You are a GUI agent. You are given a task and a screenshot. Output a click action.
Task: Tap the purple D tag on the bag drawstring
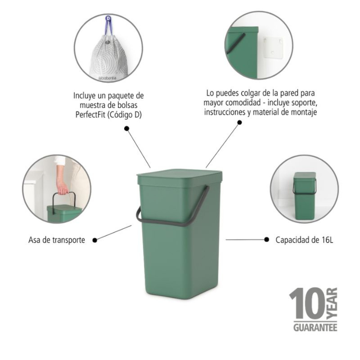tap(108, 19)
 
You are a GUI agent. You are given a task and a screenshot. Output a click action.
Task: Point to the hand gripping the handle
tap(63, 188)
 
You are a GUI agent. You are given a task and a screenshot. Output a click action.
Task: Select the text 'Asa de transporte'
tap(57, 240)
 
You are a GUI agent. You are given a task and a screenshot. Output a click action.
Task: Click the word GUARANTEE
tap(315, 328)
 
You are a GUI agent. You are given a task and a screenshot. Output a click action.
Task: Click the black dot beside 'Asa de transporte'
tap(95, 240)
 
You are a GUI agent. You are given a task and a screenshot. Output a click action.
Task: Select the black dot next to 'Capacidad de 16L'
tap(267, 239)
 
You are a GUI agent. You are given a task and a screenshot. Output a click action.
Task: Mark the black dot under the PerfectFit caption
tap(127, 128)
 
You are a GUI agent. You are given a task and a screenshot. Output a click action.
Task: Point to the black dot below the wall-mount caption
tap(240, 123)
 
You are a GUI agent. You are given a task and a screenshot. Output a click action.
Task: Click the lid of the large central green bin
tap(179, 178)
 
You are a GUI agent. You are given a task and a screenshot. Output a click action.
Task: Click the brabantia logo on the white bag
tap(107, 78)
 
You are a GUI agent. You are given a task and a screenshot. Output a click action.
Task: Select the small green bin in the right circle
tap(304, 196)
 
